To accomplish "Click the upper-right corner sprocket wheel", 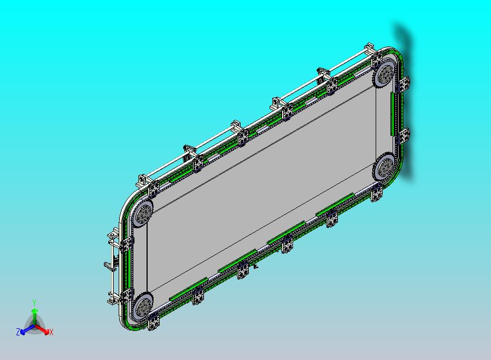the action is (x=384, y=74).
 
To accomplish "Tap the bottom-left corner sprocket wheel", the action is (x=143, y=306).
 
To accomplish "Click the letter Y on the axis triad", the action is (x=34, y=303).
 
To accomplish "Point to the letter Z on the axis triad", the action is (x=18, y=332).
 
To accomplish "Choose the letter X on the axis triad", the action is (x=51, y=332).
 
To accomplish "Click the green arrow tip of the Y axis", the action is (x=34, y=311).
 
